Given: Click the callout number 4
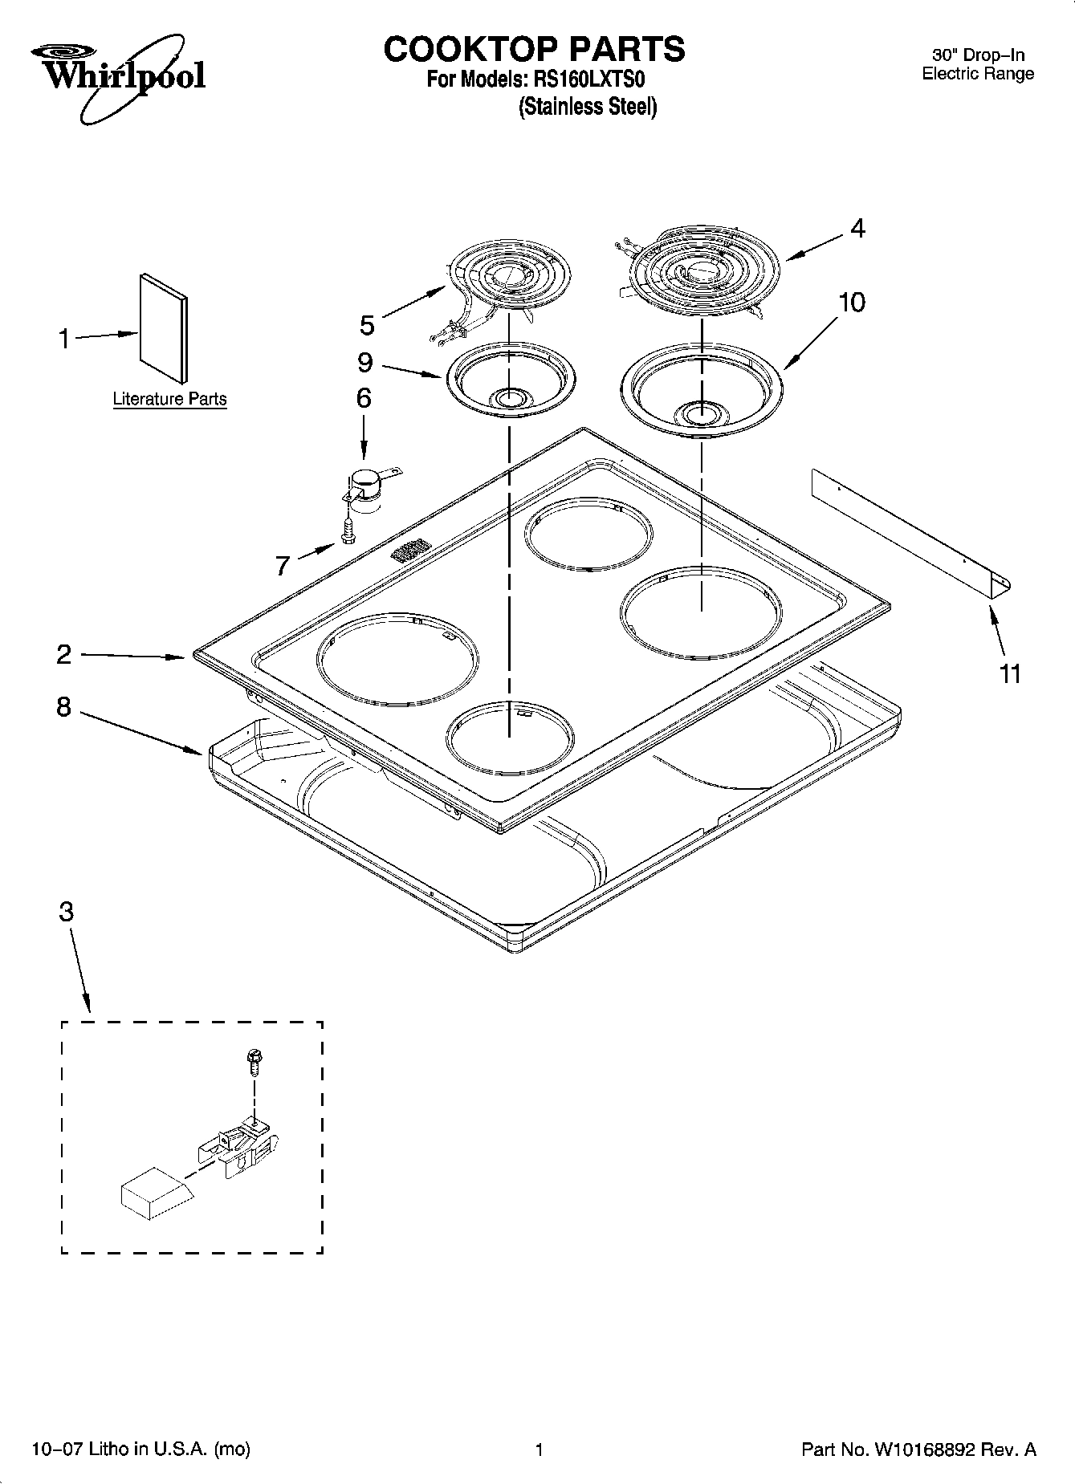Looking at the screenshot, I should (x=857, y=229).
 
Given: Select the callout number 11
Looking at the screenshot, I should (x=1009, y=673).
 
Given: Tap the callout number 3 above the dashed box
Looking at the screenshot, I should (x=67, y=912).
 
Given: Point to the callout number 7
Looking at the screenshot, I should (x=283, y=566).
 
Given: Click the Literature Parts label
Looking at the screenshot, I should (x=169, y=399).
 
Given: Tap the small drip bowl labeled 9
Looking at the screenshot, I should (x=509, y=377).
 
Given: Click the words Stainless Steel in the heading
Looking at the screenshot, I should (x=588, y=107).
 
